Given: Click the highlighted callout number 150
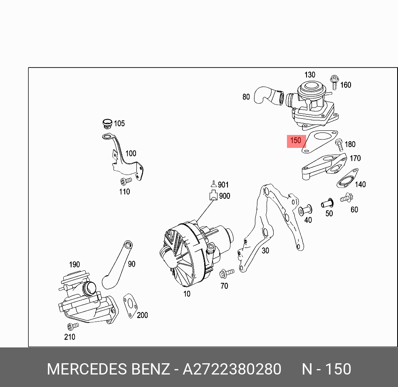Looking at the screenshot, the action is click(x=296, y=141).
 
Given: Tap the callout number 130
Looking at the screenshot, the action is click(x=310, y=75).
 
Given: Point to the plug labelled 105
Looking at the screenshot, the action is click(x=107, y=124).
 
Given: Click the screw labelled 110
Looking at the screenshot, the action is click(x=125, y=180).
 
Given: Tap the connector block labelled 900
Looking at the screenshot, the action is click(x=213, y=195).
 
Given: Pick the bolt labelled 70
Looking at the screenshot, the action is click(x=226, y=273).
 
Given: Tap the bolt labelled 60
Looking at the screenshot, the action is click(x=346, y=198).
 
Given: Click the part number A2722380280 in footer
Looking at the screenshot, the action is click(x=232, y=369).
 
